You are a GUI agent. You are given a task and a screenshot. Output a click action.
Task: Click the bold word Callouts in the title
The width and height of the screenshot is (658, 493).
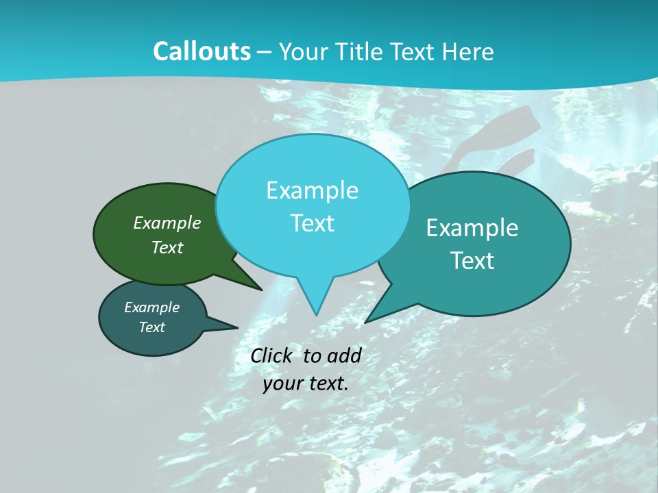(x=202, y=51)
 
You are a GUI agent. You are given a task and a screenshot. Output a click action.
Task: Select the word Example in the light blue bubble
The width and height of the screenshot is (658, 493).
(x=312, y=190)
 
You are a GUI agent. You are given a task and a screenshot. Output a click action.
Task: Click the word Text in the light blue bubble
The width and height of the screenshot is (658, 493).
(x=312, y=223)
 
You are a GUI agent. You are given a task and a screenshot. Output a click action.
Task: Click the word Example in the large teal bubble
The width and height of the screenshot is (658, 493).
(x=472, y=228)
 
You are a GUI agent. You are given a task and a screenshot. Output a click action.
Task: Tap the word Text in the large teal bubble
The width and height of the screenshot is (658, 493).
(x=472, y=261)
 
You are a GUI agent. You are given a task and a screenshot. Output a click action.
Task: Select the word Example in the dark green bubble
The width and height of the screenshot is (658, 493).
(x=167, y=223)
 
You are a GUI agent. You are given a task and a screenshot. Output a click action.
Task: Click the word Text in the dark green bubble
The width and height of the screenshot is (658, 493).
(x=167, y=247)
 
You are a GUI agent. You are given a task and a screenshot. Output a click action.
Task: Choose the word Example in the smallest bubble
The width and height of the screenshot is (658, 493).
(x=151, y=307)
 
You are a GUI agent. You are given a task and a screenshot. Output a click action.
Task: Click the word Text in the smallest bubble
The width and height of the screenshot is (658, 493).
(x=151, y=327)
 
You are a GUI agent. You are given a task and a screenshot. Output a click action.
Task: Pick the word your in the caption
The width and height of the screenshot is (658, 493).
(x=282, y=383)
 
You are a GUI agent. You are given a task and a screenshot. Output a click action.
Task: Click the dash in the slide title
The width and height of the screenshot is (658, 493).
(x=265, y=52)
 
